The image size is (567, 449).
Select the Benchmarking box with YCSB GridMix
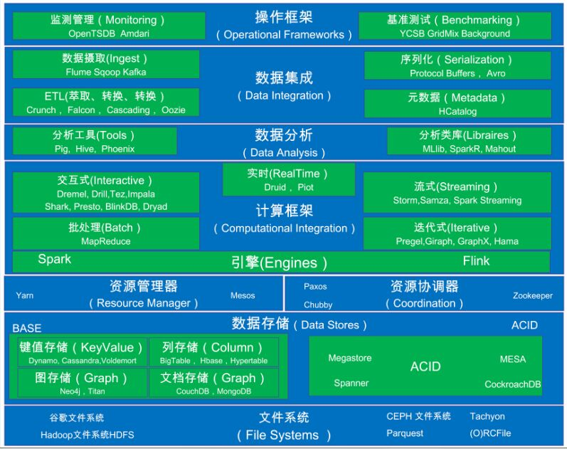(455, 26)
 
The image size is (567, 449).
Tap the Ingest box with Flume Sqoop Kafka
(106, 64)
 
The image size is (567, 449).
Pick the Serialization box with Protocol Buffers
(457, 65)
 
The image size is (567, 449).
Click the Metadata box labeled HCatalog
(457, 104)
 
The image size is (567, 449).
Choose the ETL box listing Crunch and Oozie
(106, 102)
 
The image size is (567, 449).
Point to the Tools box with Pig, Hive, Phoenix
(95, 141)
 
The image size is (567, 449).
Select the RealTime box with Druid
(288, 179)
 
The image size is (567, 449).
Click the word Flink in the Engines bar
(476, 261)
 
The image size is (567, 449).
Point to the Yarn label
(25, 295)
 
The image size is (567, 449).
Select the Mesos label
(243, 295)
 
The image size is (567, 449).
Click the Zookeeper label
(532, 295)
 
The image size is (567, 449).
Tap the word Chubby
(318, 305)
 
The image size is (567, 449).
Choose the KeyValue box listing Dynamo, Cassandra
(82, 353)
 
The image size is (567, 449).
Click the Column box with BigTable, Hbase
(213, 353)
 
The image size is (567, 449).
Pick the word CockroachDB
(513, 384)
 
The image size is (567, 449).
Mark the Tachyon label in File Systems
(487, 416)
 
